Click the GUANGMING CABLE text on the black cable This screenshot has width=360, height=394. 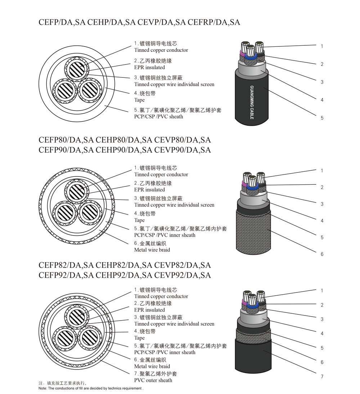(x=252, y=102)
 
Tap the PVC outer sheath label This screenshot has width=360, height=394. (x=153, y=380)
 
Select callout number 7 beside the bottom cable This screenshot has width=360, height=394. (x=322, y=376)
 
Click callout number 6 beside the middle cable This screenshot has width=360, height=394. (x=322, y=254)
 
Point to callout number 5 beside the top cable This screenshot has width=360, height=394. (x=322, y=118)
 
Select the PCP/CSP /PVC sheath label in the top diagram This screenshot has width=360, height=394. (x=158, y=117)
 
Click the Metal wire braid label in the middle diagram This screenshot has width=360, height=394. (x=152, y=250)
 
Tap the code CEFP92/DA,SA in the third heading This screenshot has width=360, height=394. (x=66, y=276)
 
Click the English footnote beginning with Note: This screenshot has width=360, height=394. (x=91, y=388)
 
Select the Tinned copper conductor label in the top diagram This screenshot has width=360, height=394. (x=161, y=50)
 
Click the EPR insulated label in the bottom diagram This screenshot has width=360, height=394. (x=149, y=310)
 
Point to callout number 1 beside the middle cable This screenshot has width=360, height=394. (x=322, y=171)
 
